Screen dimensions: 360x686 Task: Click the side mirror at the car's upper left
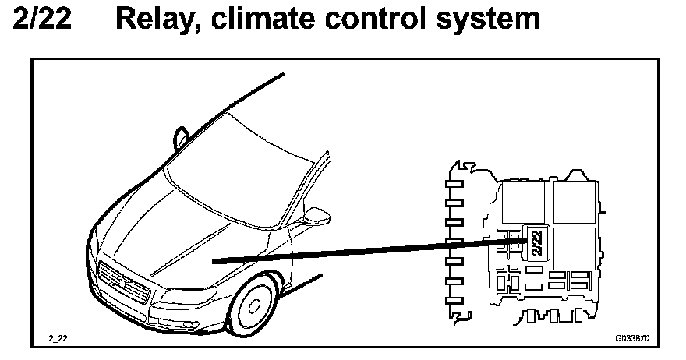pyautogui.click(x=181, y=136)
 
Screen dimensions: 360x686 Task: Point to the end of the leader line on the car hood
pyautogui.click(x=214, y=261)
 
